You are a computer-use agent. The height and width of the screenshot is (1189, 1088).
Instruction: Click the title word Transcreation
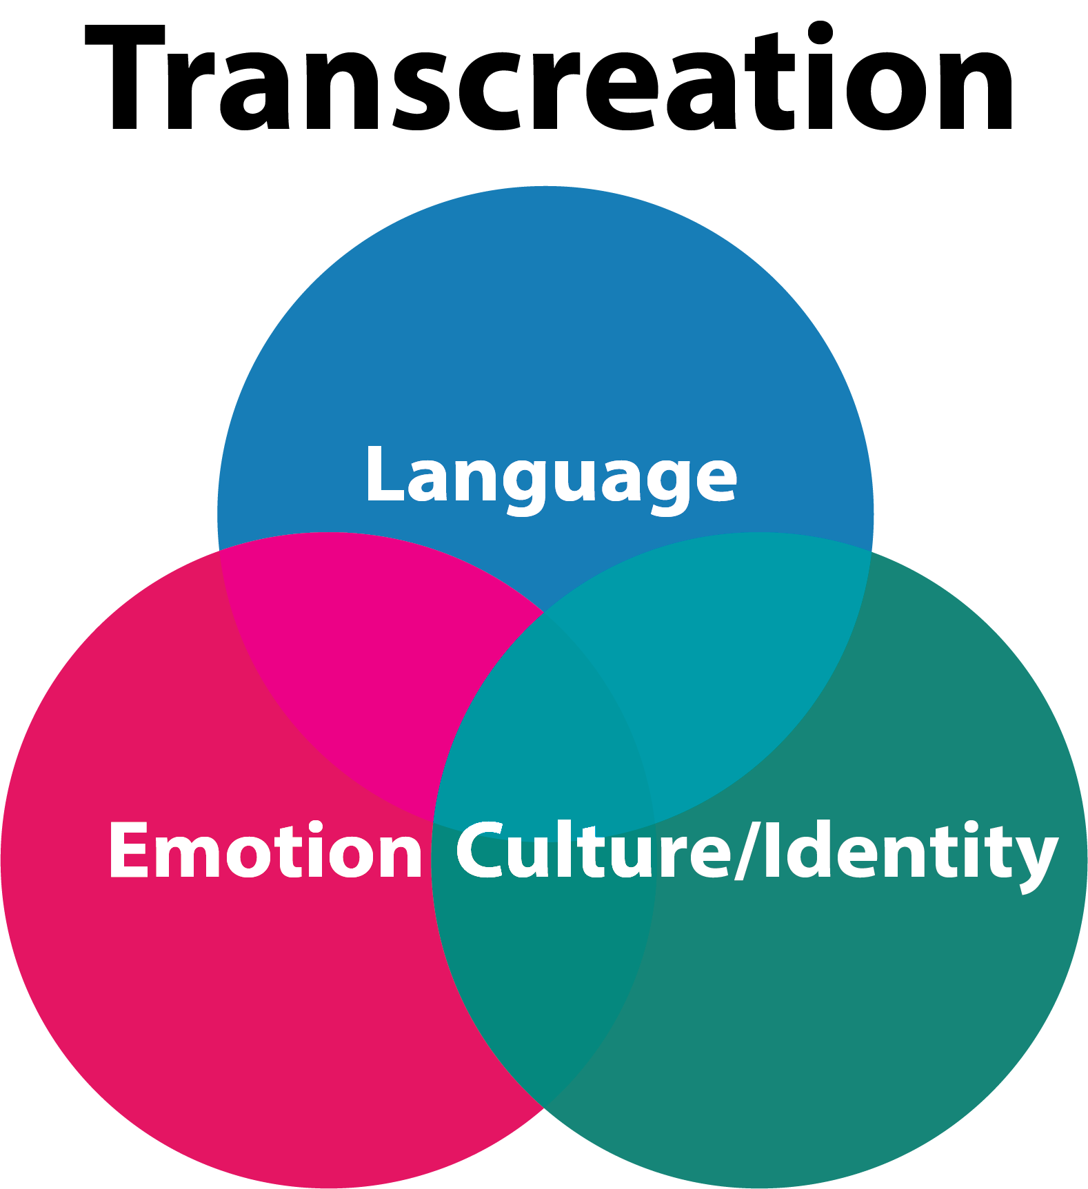point(548,79)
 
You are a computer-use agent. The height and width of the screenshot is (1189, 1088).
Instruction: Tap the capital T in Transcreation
point(128,79)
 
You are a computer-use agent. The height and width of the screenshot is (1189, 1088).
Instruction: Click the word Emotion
point(265,851)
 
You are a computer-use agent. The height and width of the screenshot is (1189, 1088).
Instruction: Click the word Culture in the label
point(593,851)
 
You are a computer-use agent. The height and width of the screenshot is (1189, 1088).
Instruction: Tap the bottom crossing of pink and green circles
point(544,1108)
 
